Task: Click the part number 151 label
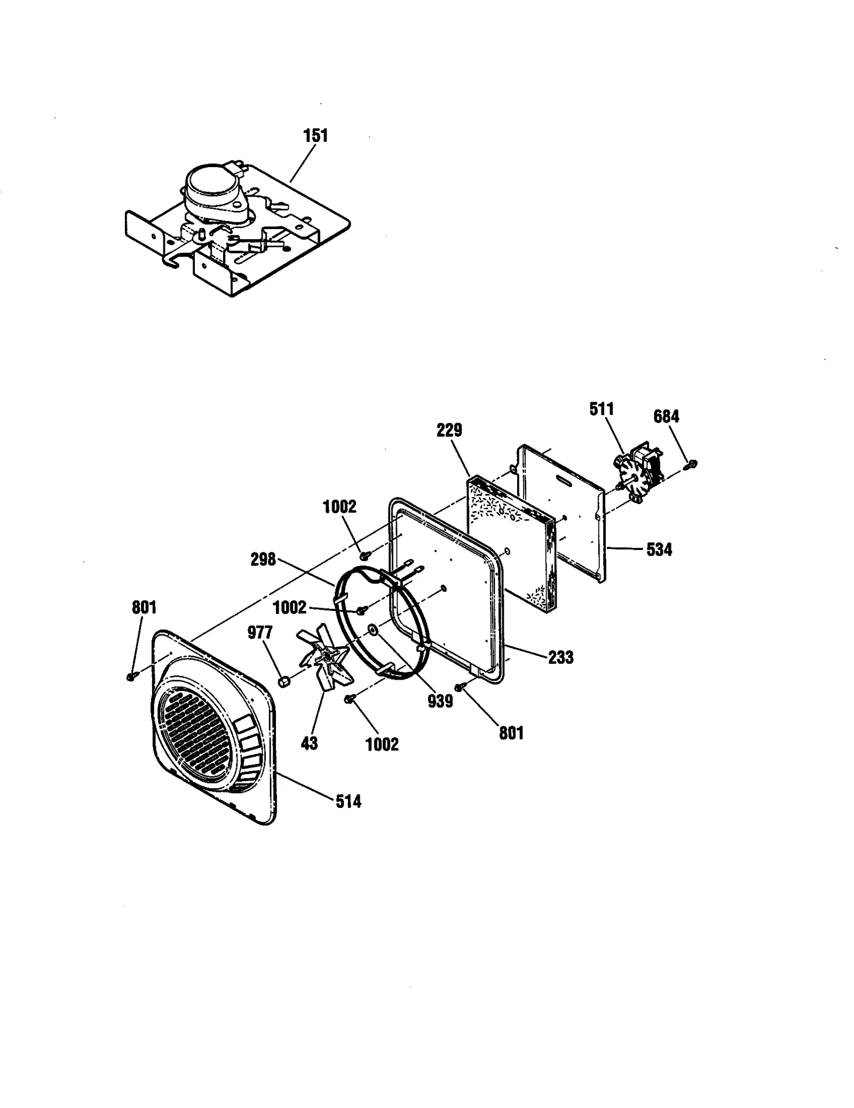pyautogui.click(x=315, y=136)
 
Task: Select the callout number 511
pyautogui.click(x=602, y=410)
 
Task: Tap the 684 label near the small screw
pyautogui.click(x=666, y=416)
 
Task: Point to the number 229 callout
pyautogui.click(x=449, y=430)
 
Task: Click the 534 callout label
pyautogui.click(x=659, y=549)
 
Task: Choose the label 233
pyautogui.click(x=560, y=657)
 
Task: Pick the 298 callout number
pyautogui.click(x=263, y=560)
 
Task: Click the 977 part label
pyautogui.click(x=260, y=633)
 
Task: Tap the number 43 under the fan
pyautogui.click(x=309, y=743)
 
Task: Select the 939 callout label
pyautogui.click(x=440, y=701)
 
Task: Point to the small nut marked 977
pyautogui.click(x=284, y=682)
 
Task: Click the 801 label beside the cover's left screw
pyautogui.click(x=144, y=607)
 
